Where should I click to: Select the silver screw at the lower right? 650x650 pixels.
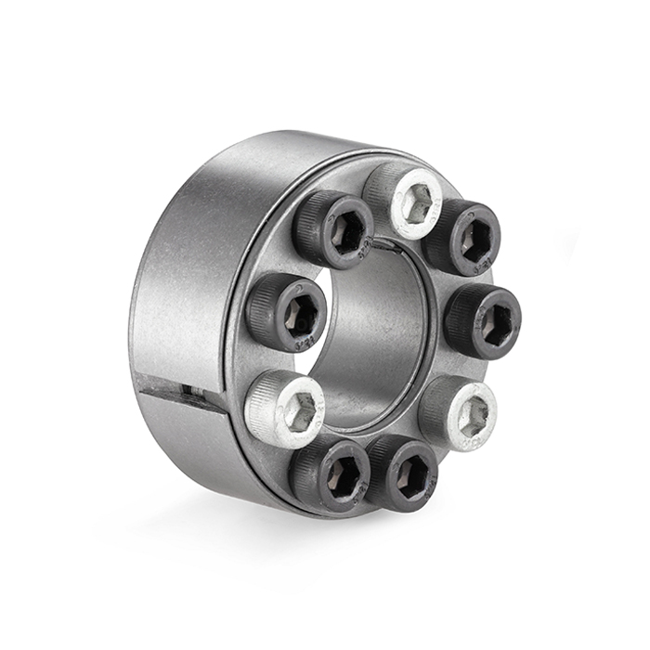point(461,412)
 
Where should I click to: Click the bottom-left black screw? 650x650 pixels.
point(331,474)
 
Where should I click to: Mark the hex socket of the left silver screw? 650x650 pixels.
point(298,410)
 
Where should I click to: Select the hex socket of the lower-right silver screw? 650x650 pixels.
point(471,415)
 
